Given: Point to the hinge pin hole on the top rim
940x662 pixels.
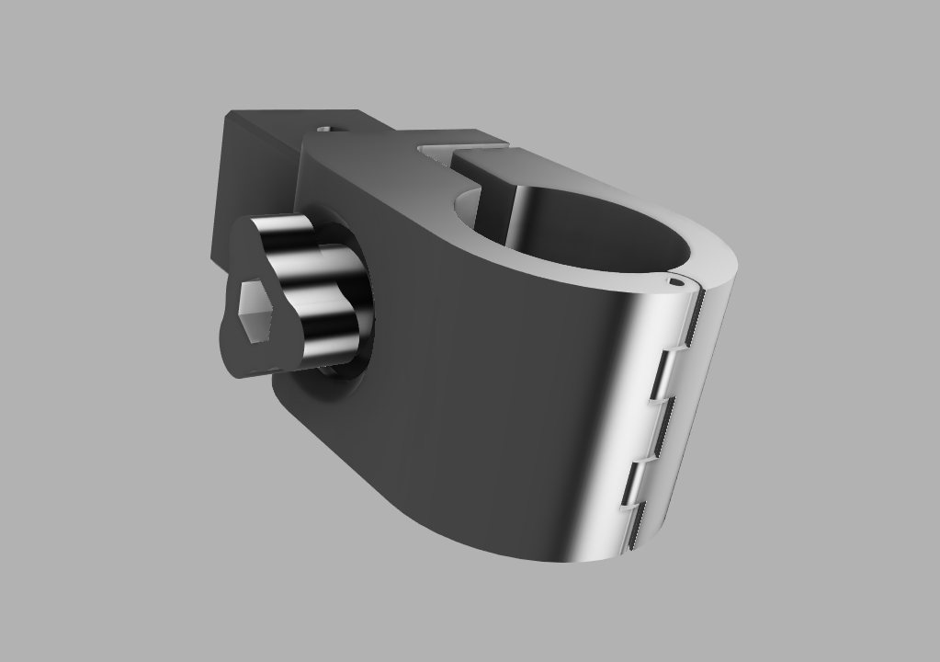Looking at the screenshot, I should pyautogui.click(x=676, y=282).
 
